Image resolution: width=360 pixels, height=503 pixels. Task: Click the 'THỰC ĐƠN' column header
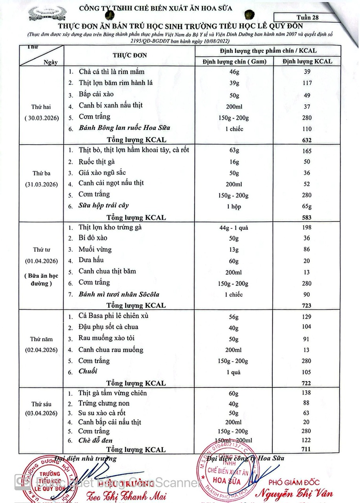point(130,55)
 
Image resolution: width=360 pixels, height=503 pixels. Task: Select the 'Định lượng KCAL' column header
point(307,61)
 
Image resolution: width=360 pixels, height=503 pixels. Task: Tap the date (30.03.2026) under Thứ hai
point(42,118)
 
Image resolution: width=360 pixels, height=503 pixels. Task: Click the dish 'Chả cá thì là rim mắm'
point(112,72)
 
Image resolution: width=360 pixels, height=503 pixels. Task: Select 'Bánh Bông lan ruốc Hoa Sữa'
point(124,128)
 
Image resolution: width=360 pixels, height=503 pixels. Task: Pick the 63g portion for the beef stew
point(234,151)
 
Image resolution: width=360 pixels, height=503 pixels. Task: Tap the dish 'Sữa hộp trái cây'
point(104,206)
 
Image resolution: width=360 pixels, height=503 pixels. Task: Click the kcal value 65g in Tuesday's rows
point(307,206)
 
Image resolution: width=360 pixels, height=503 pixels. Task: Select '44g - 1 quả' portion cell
point(234,228)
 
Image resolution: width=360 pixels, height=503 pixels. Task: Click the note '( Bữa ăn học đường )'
point(42,279)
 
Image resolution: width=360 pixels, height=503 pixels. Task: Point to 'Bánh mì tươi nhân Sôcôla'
point(119,294)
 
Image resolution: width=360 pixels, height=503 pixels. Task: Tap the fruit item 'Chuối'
point(88,371)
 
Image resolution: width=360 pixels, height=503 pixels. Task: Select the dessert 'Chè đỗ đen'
point(96,441)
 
